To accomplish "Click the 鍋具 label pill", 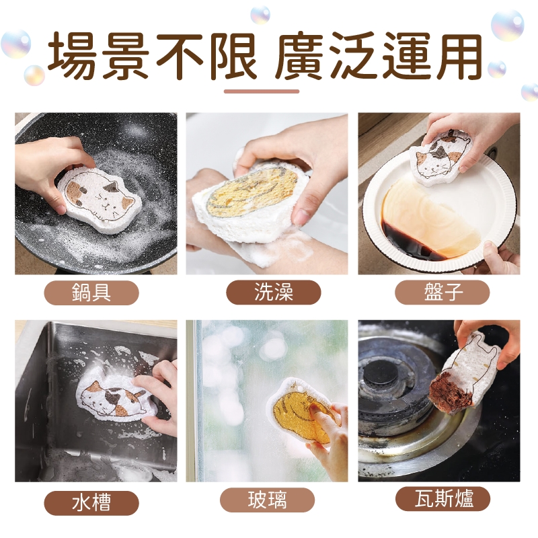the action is tap(91, 293).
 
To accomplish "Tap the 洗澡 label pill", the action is tap(274, 293).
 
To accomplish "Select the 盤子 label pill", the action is tap(443, 293).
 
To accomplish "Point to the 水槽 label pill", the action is tap(91, 503).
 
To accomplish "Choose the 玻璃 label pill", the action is tap(267, 500).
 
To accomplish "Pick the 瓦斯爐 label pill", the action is tap(443, 498).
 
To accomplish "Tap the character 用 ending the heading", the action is tap(459, 56).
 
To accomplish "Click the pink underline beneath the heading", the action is tap(262, 91).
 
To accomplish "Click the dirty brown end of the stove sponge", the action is tap(450, 391).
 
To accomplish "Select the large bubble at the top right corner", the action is tap(508, 26).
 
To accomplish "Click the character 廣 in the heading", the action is tap(299, 56).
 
